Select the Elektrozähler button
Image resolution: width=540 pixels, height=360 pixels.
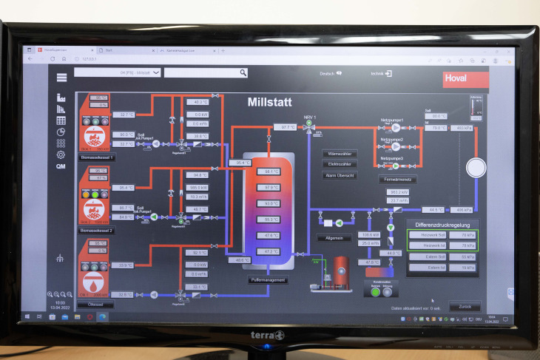[x=340, y=164]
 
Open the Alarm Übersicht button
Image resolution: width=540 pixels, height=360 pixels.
[x=340, y=175]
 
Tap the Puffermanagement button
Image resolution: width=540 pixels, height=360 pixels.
[x=267, y=280]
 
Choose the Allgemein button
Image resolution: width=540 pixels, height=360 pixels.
[x=333, y=238]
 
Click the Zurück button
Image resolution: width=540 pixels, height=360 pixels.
[x=465, y=306]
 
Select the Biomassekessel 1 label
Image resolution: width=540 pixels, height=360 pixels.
[x=96, y=158]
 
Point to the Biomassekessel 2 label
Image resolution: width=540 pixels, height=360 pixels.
[x=96, y=231]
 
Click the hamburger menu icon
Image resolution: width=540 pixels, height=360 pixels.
[x=61, y=77]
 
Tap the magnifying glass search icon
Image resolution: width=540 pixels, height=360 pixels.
[x=243, y=72]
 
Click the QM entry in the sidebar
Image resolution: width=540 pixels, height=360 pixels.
[x=61, y=166]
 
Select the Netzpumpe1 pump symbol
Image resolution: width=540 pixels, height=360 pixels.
[x=396, y=127]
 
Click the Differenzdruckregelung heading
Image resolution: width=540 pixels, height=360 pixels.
[x=442, y=223]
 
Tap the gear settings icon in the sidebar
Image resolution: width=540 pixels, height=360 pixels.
[x=61, y=154]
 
